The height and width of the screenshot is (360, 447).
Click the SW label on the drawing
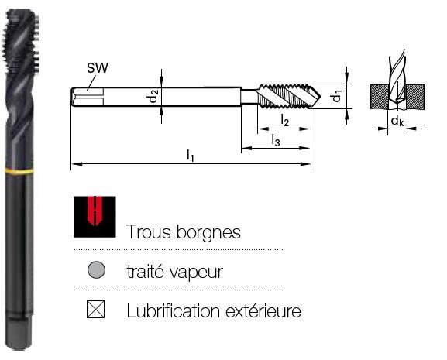(98, 68)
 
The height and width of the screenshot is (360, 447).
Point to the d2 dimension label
(153, 96)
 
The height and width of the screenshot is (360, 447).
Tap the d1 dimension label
(337, 96)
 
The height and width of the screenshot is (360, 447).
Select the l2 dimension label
(284, 120)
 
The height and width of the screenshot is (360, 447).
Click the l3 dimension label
(276, 140)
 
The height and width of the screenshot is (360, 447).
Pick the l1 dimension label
(191, 156)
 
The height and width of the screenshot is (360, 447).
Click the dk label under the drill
(397, 121)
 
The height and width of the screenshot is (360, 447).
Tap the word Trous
(149, 231)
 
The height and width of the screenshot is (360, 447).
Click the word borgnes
(208, 232)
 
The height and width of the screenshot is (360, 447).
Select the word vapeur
(196, 273)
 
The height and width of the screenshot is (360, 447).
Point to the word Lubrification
(174, 310)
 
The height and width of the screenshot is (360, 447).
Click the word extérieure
(263, 310)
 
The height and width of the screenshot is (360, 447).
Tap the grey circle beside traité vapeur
(96, 269)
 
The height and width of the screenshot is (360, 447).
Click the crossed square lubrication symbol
(96, 310)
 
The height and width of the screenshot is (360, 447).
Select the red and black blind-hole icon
(95, 217)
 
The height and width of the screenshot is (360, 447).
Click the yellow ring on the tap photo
(19, 171)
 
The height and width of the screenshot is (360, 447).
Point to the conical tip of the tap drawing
(316, 96)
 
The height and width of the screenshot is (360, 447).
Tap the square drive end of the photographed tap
(19, 333)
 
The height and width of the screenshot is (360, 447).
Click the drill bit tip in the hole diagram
(397, 101)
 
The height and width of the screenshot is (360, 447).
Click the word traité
(146, 272)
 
